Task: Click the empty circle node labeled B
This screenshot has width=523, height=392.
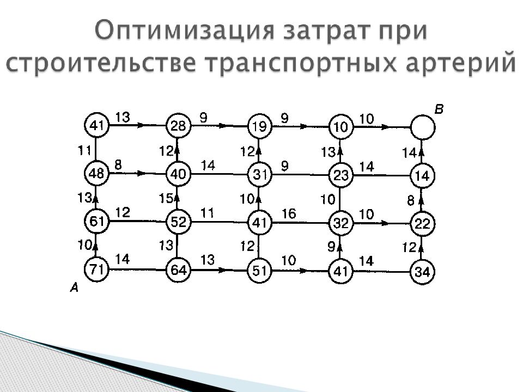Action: pos(423,127)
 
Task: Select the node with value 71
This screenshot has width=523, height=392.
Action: pos(96,268)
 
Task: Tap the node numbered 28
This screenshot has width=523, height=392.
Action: pos(178,126)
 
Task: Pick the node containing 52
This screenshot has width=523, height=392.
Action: pos(178,222)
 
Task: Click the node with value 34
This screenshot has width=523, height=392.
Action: pos(422,272)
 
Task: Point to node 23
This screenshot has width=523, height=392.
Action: pos(341,175)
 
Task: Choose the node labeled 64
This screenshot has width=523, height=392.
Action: pos(178,269)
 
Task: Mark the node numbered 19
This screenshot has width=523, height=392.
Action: pos(259,126)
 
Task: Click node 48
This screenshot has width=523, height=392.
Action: pos(96,173)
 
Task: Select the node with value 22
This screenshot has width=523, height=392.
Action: pos(422,224)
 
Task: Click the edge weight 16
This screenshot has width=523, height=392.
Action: pos(289,213)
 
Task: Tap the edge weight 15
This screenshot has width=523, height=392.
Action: pos(166,198)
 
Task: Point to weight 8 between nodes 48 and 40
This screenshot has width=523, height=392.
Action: pos(118,164)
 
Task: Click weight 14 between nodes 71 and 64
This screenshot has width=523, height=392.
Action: pos(123,259)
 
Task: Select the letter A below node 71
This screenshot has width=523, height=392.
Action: pos(74,287)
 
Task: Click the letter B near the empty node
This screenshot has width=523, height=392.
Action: pos(439,109)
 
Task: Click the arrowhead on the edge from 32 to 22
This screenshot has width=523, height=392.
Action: pos(384,223)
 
